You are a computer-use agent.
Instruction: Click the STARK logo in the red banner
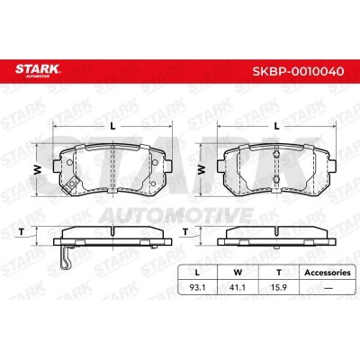[x=38, y=70]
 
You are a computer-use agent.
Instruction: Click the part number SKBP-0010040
[x=298, y=71]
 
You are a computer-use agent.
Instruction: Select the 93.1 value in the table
[x=197, y=287]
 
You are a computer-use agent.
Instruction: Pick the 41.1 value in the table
[x=238, y=287]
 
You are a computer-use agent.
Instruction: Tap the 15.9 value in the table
[x=279, y=287]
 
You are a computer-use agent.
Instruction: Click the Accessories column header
[x=328, y=273]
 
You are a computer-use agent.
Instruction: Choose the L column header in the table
[x=197, y=273]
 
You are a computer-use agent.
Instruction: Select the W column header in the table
[x=238, y=273]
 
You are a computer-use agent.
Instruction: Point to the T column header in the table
[x=279, y=273]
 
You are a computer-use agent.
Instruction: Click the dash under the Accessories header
[x=328, y=288]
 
